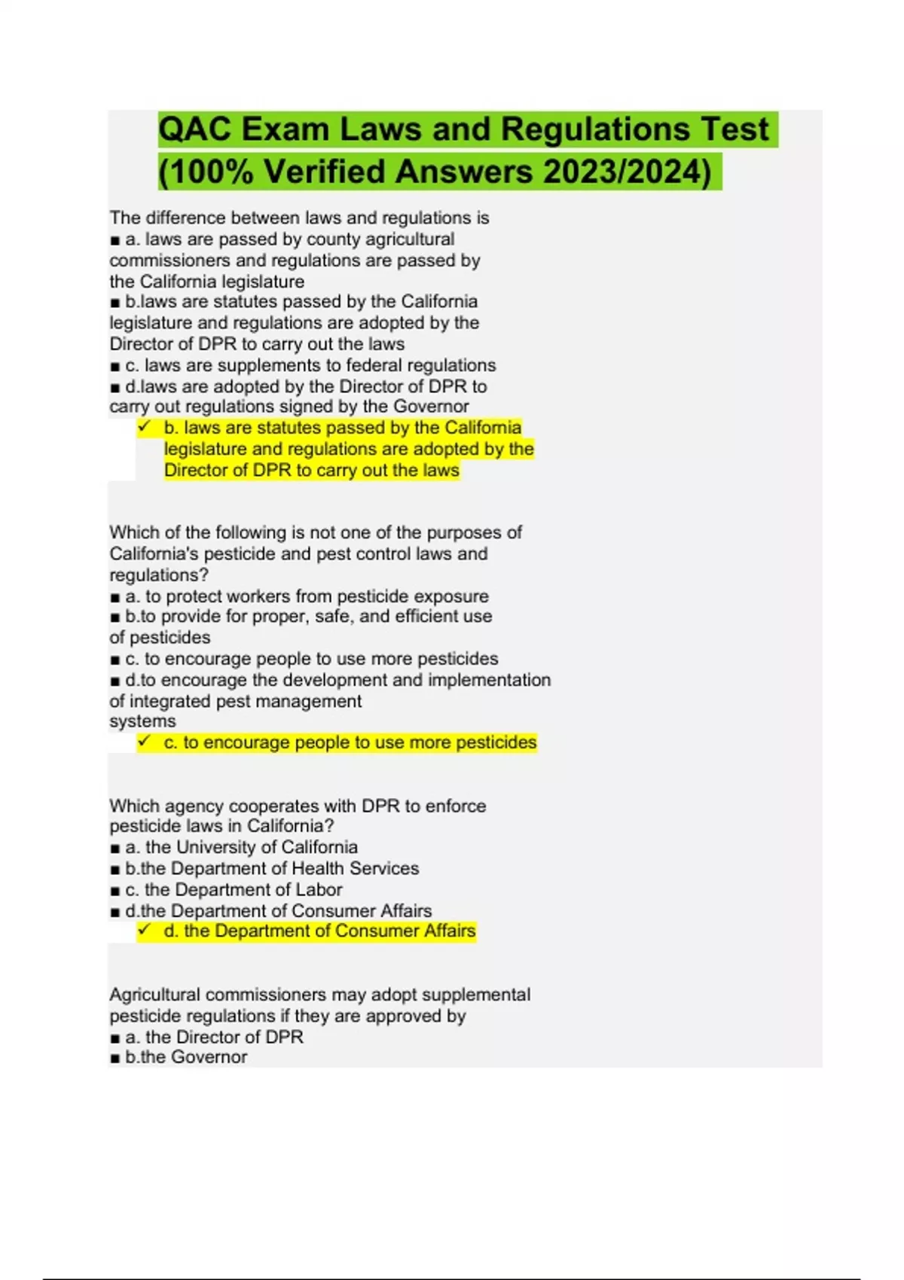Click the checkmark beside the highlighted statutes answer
(x=144, y=427)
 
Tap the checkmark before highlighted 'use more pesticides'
(x=144, y=742)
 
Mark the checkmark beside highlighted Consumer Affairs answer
(x=144, y=931)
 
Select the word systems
(x=142, y=721)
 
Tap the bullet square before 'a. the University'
(x=115, y=849)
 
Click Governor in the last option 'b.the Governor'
(x=209, y=1057)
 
